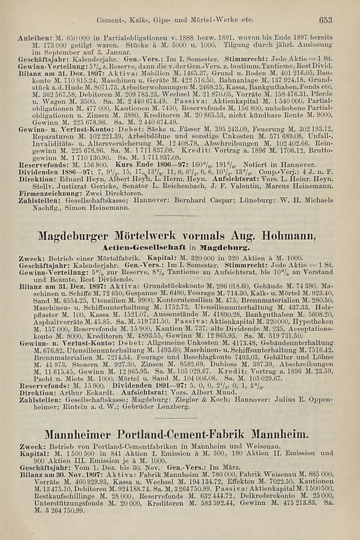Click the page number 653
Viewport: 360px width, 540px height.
[325, 20]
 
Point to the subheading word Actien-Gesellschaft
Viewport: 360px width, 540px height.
[144, 248]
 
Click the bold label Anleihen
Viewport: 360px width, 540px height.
[31, 37]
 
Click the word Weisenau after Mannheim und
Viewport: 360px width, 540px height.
[261, 447]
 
